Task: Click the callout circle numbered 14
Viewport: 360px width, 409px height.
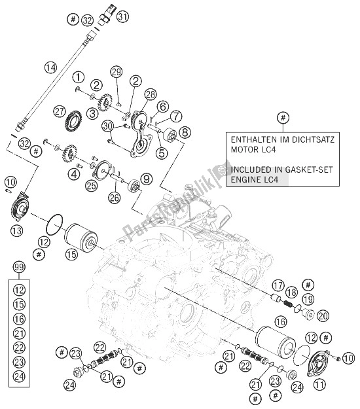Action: tap(50, 66)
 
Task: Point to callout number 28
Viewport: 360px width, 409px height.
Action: tap(151, 95)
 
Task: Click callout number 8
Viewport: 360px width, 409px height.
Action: tap(184, 132)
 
